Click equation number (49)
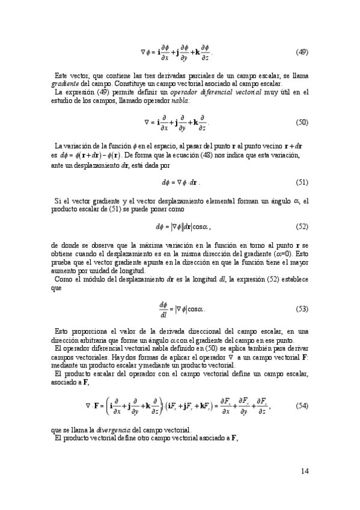tap(302, 52)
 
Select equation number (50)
tap(302, 123)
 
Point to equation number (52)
tap(302, 227)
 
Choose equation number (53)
tap(302, 309)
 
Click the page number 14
tap(305, 470)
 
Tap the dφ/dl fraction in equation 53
tap(162, 309)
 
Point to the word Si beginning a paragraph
tap(58, 200)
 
